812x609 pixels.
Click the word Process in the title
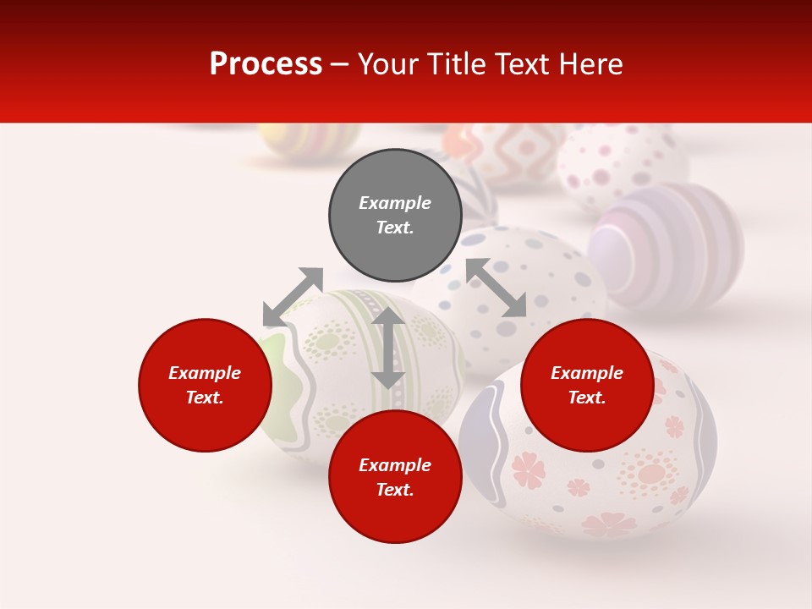pos(266,64)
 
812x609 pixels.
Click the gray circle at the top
pos(395,215)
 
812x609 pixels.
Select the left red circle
pos(205,385)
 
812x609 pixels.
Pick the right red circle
pos(587,385)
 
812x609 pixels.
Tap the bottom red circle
pos(395,477)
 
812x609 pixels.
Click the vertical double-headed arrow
pos(388,348)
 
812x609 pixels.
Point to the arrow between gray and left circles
pos(293,297)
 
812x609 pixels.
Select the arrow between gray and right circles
pos(496,288)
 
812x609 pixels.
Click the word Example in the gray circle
pos(395,203)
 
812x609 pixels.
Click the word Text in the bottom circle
pos(393,490)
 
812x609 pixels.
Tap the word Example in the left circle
pos(205,373)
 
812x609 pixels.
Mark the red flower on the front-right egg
pos(529,470)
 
